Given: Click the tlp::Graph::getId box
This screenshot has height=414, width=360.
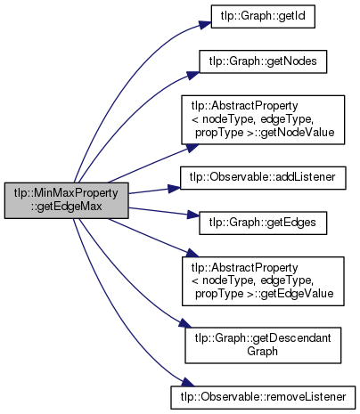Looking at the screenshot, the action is [263, 16].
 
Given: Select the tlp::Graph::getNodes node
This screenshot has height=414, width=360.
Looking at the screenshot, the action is [263, 61].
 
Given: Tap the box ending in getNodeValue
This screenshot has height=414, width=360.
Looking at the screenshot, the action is [263, 120].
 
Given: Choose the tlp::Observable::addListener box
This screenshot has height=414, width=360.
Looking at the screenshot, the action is [263, 178].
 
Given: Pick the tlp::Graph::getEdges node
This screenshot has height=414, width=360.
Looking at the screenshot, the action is [263, 223].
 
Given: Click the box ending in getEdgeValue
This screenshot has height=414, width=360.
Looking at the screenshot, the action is [263, 281].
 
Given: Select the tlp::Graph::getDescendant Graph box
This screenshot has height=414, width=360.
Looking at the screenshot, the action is [263, 345].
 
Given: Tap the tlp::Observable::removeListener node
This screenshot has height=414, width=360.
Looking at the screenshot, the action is [263, 397].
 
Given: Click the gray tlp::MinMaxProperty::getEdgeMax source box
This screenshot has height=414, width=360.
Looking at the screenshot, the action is [66, 200].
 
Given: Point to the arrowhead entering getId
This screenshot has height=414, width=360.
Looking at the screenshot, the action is [205, 24].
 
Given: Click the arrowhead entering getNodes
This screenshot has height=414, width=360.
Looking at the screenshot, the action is [193, 75].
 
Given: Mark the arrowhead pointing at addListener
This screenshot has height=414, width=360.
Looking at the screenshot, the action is [174, 189].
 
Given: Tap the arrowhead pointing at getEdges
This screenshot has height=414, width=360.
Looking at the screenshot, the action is [193, 215].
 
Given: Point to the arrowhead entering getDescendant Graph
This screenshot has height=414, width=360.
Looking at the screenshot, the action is [184, 323].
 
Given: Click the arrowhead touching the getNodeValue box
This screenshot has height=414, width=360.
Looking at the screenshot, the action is [192, 148].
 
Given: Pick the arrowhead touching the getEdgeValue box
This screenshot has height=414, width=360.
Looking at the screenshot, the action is [192, 253].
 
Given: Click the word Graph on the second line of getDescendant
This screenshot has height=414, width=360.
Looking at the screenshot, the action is [262, 352].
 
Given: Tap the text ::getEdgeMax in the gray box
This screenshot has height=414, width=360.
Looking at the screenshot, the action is [66, 207].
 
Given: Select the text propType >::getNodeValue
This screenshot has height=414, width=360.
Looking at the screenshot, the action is [265, 133].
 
